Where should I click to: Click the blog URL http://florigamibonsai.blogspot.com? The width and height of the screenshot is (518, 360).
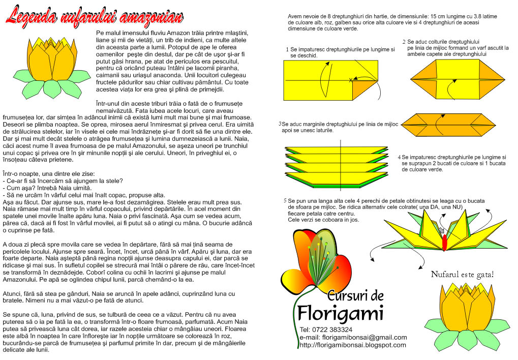point(353,345)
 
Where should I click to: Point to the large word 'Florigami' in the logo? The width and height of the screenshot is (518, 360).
point(340,312)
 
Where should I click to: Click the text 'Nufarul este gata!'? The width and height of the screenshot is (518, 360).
point(462,275)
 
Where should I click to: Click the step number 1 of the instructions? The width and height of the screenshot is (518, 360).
point(287,49)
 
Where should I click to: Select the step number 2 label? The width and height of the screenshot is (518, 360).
point(404,42)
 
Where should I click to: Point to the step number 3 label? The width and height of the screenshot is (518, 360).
point(280,124)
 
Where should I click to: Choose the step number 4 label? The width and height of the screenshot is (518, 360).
point(399,157)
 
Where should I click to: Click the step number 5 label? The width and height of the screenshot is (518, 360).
point(285,200)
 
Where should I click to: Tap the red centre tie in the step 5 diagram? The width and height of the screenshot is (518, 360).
point(445,243)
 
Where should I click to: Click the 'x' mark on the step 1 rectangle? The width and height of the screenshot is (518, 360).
point(351,80)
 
